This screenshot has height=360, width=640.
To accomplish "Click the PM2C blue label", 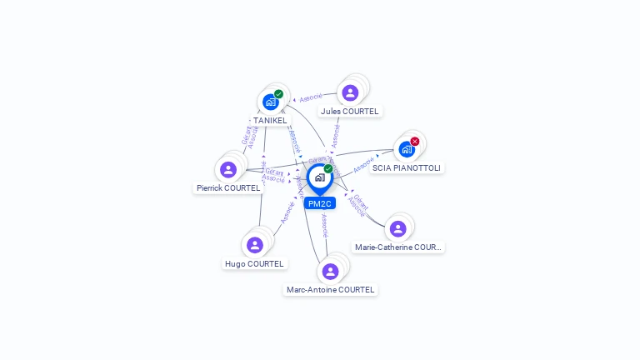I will tap(319, 203).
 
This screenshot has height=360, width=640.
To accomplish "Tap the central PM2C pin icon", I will tap(319, 177).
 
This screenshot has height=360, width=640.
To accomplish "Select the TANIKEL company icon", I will tap(270, 102).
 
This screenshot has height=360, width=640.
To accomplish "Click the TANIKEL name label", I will tap(270, 121).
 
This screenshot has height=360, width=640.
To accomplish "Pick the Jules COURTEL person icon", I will tap(350, 92).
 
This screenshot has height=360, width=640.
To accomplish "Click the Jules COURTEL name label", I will tap(350, 111).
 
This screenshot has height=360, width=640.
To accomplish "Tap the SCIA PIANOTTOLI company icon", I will tap(407, 149).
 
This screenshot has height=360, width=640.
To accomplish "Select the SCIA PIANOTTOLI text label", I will tap(407, 167).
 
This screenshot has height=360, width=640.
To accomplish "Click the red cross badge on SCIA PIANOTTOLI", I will tap(415, 141).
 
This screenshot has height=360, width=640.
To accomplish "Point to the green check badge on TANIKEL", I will tap(278, 94).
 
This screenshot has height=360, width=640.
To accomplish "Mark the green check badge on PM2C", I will tap(328, 168).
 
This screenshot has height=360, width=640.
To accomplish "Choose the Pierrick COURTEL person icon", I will tap(228, 169).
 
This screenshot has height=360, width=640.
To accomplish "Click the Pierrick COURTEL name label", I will tap(228, 188).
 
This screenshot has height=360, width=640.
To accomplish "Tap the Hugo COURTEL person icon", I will tap(255, 245).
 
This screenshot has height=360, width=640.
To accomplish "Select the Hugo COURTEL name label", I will tap(255, 264).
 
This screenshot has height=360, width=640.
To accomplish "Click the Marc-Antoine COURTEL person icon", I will tap(330, 271).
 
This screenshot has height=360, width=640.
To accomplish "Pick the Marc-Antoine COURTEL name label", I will tap(330, 290).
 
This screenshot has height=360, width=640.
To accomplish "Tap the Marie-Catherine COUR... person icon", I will tap(398, 228).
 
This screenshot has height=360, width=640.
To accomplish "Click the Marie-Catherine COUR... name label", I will tap(398, 247).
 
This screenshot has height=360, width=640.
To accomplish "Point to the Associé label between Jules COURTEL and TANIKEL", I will tap(311, 97).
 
